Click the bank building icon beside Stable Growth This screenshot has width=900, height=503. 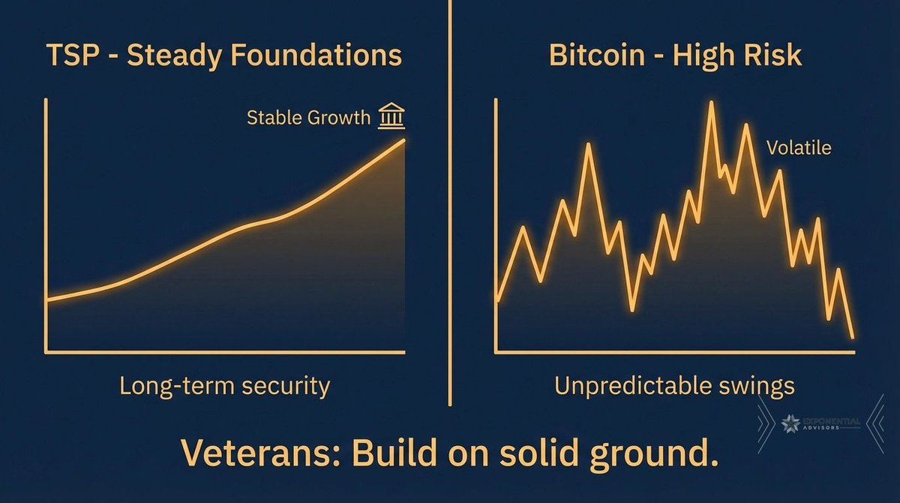click(391, 117)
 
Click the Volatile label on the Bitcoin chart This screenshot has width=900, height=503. click(799, 148)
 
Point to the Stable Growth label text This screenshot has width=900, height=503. click(308, 118)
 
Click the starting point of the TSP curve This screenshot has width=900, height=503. click(47, 301)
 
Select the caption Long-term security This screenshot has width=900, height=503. click(225, 386)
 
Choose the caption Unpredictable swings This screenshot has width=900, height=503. click(674, 386)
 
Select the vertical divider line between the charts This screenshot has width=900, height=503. click(451, 203)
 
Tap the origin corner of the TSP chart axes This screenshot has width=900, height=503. click(47, 351)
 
